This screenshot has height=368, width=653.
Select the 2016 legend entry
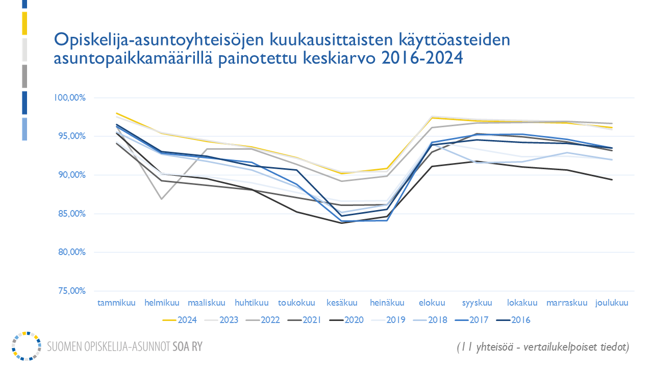pyautogui.click(x=514, y=320)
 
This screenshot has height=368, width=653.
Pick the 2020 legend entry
pyautogui.click(x=346, y=320)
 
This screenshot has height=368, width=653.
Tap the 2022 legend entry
pyautogui.click(x=263, y=320)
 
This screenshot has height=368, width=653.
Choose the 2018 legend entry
pyautogui.click(x=430, y=320)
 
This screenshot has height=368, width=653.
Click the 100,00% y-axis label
pyautogui.click(x=69, y=98)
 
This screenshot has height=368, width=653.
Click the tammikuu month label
pyautogui.click(x=117, y=303)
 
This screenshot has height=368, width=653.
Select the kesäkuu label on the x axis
pyautogui.click(x=341, y=303)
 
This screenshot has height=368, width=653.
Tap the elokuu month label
pyautogui.click(x=432, y=303)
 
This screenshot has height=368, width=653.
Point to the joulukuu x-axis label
pyautogui.click(x=612, y=303)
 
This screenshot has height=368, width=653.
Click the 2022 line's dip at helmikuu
pyautogui.click(x=162, y=198)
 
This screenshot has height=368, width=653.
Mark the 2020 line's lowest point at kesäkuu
pyautogui.click(x=341, y=223)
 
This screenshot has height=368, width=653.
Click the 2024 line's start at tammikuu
pyautogui.click(x=117, y=113)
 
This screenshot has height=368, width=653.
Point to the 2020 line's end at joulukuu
pyautogui.click(x=612, y=179)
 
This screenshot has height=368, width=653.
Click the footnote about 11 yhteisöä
pyautogui.click(x=543, y=347)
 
